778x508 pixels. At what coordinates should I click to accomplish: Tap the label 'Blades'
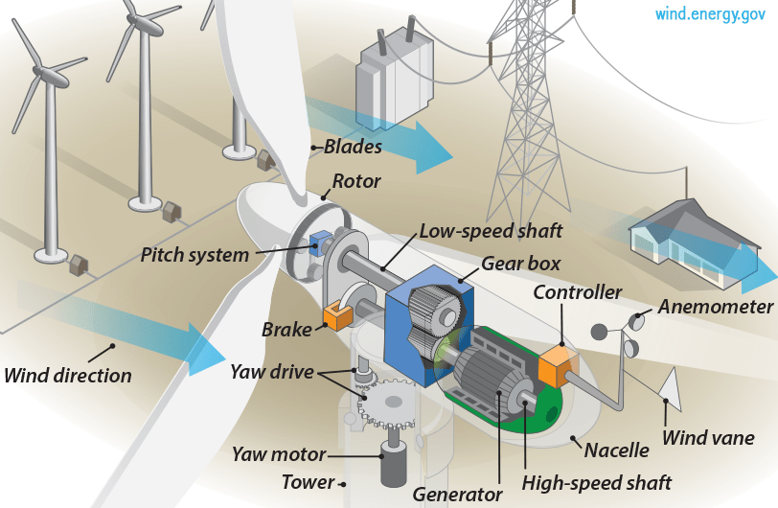(353, 147)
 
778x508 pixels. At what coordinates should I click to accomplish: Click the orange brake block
(338, 314)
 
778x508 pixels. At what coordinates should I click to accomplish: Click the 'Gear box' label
(520, 263)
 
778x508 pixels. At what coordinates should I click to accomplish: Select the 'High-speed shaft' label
(598, 481)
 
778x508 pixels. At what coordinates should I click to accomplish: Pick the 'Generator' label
(457, 495)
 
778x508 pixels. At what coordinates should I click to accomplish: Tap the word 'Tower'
(308, 482)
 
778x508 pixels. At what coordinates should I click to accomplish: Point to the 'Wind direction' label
(68, 375)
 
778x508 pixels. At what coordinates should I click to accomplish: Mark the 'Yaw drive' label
(271, 371)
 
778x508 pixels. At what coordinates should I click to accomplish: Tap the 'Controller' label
(577, 291)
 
